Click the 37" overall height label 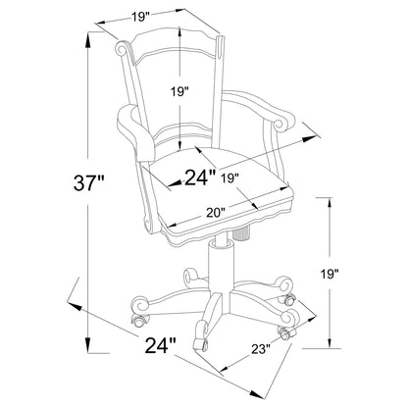tap(88, 182)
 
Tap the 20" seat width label tap(215, 213)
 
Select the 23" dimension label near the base tap(261, 350)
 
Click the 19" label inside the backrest tap(179, 92)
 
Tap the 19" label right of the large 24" tap(230, 178)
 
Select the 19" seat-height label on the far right tap(329, 274)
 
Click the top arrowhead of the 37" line tap(88, 40)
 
